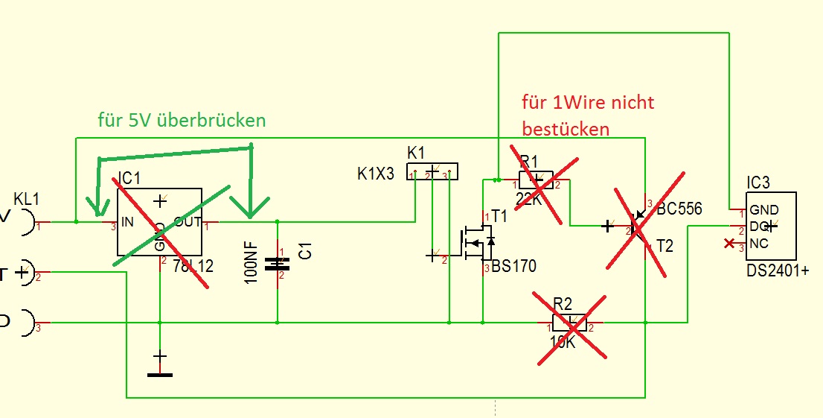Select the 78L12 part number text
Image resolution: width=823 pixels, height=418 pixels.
click(x=193, y=265)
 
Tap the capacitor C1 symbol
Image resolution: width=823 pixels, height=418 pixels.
click(x=278, y=263)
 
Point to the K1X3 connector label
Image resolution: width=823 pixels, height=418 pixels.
click(x=377, y=173)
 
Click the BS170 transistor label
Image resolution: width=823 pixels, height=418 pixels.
click(x=514, y=266)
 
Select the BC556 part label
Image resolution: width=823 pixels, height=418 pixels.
click(x=679, y=209)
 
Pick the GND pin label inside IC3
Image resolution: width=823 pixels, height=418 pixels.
click(x=764, y=210)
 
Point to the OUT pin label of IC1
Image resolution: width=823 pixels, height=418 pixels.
click(x=188, y=221)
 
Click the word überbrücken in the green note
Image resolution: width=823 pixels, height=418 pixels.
click(x=217, y=120)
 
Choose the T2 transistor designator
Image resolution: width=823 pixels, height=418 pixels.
click(x=664, y=246)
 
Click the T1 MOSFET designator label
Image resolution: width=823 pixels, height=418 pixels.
click(x=499, y=216)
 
